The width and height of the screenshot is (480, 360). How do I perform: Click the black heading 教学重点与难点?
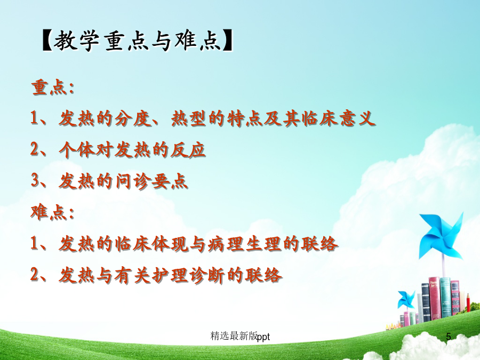pos(137,41)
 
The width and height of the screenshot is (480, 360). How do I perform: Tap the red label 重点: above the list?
pos(53,87)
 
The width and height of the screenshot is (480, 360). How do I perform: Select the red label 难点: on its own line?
pos(53,212)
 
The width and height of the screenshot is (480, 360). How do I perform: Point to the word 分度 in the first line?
pos(133,118)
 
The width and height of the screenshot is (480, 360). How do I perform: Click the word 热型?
pos(189,118)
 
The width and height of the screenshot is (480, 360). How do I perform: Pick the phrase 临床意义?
pos(338,118)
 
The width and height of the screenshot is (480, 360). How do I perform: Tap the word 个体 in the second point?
pos(77,150)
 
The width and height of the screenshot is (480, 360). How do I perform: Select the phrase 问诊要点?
pos(151,181)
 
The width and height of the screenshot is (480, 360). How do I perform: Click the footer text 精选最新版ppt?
pos(241,336)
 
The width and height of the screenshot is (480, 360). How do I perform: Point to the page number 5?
pos(449,337)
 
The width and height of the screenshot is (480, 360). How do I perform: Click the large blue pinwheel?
pos(441,235)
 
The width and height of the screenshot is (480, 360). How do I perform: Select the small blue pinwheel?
pos(406,299)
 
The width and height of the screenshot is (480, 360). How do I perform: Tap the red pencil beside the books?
pos(468,302)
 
